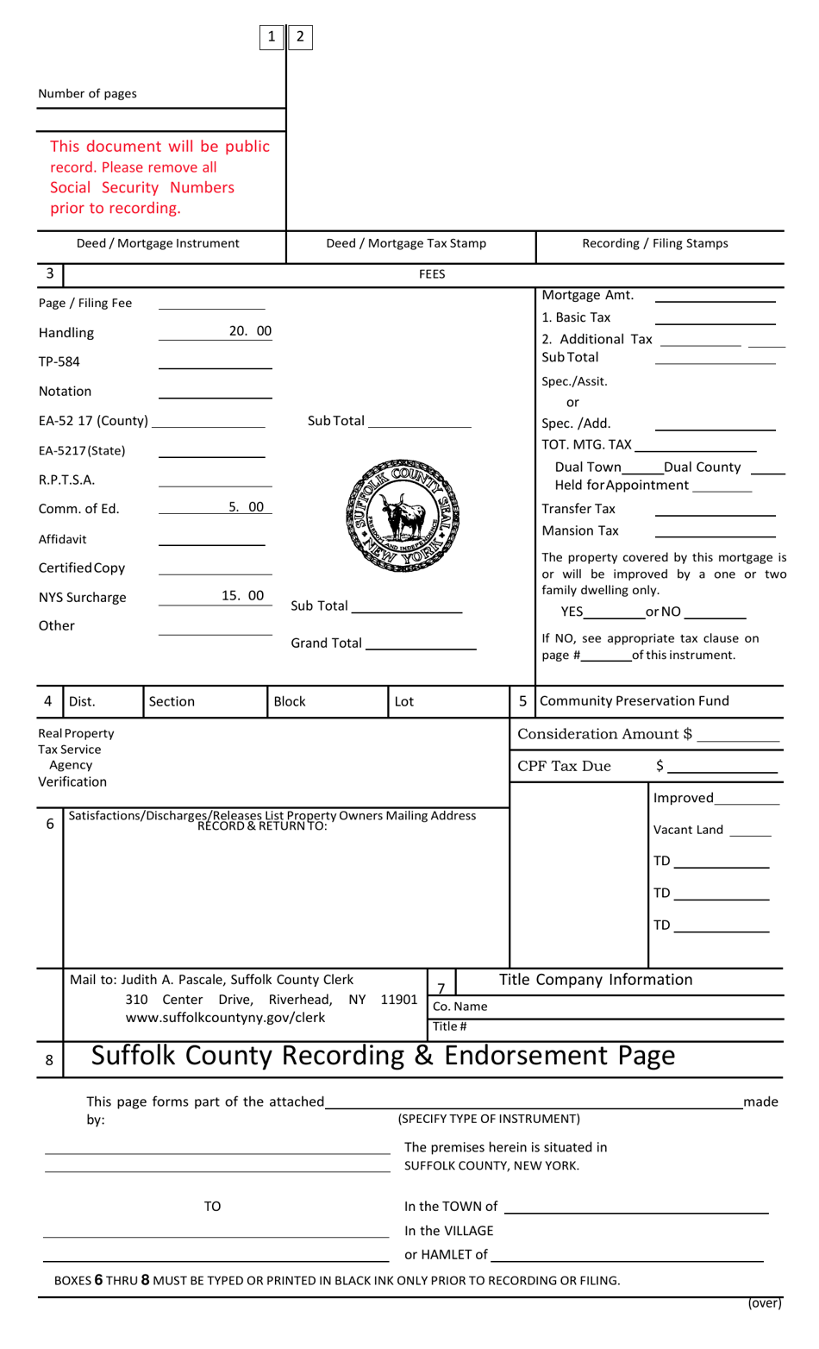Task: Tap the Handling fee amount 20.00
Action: (x=250, y=331)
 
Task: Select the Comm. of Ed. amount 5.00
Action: (x=247, y=507)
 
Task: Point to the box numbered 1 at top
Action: (x=272, y=36)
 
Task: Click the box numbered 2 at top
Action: (x=300, y=36)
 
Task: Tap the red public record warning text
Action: (x=159, y=177)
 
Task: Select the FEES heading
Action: (x=432, y=274)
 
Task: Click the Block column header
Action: (x=290, y=701)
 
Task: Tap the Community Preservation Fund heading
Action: (x=635, y=700)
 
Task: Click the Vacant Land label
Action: (x=688, y=830)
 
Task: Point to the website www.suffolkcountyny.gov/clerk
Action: (x=226, y=1018)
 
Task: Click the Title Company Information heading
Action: (x=596, y=980)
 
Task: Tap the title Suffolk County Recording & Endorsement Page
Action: (x=383, y=1056)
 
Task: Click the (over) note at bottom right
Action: (x=764, y=1303)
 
